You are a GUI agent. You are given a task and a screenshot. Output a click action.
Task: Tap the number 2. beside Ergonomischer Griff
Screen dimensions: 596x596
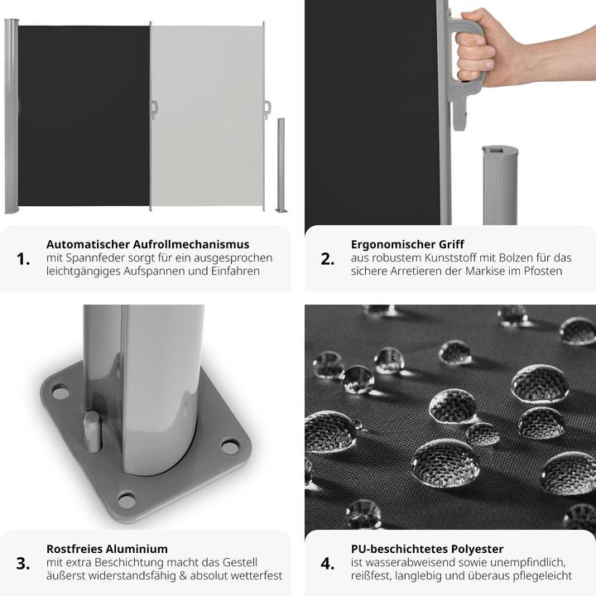tap(328, 259)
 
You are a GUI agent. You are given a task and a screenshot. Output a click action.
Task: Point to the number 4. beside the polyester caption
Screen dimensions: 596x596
tap(328, 564)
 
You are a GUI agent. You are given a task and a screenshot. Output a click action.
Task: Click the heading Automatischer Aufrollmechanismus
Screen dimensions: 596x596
tap(147, 244)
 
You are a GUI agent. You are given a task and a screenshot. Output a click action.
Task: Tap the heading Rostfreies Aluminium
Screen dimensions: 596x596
tap(107, 549)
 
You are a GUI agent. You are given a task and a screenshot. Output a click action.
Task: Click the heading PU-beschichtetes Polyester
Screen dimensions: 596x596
tap(427, 549)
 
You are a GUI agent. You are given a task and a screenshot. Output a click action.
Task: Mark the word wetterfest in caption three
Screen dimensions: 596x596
tap(254, 575)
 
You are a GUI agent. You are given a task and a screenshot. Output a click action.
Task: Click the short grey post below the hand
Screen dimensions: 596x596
tap(499, 186)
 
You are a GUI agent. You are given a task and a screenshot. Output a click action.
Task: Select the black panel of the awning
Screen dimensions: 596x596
tap(83, 116)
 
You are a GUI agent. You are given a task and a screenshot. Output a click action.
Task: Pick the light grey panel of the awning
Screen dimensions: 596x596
tap(207, 116)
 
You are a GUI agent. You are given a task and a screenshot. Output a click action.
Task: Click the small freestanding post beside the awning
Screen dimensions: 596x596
tap(281, 165)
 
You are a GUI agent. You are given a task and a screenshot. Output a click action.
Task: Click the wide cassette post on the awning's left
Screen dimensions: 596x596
tap(11, 116)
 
